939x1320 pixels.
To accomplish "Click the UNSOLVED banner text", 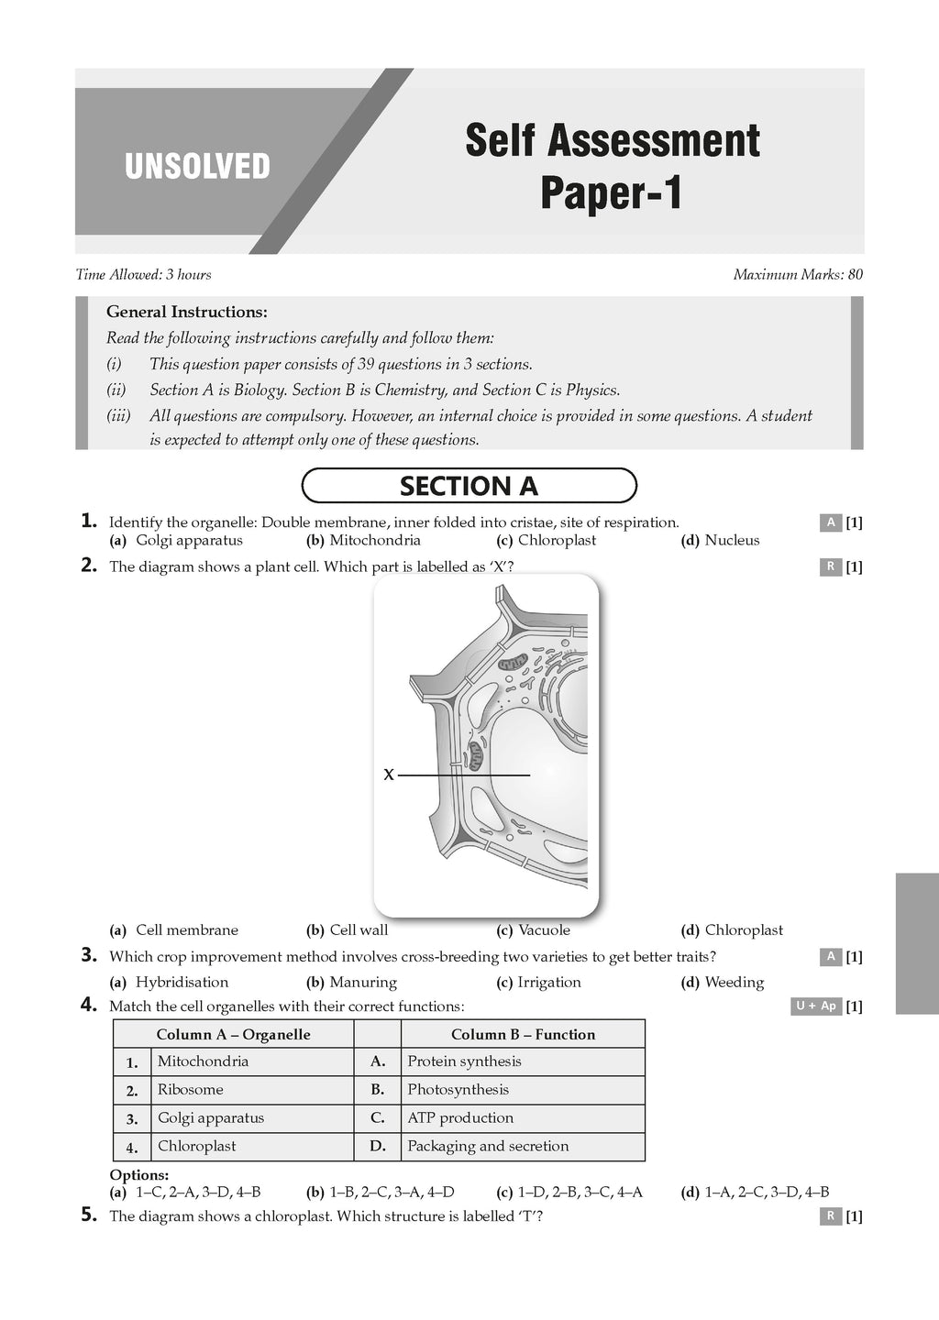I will coord(197,167).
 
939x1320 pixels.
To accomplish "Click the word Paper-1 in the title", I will coord(611,193).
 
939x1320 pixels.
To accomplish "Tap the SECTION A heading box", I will coord(469,486).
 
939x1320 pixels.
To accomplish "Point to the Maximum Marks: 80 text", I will coord(798,274).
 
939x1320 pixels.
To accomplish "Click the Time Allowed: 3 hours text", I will coord(143,274).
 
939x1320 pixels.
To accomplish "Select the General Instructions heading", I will coord(187,312).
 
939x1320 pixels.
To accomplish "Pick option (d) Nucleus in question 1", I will coord(721,540).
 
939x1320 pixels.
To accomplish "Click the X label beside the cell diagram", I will coord(389,775).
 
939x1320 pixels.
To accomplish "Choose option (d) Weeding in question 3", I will coord(723,982).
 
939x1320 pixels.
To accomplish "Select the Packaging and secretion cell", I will coord(488,1146).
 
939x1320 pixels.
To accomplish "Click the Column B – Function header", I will coord(523,1034).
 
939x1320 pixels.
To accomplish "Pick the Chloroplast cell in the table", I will coord(196,1146).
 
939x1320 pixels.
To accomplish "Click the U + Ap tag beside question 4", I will coord(816,1006).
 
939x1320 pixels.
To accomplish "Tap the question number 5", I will coord(89,1215).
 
